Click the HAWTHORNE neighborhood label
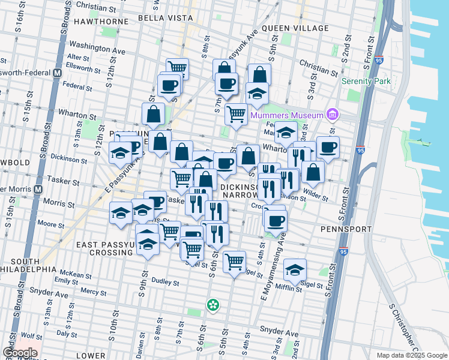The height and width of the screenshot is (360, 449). (x=101, y=22)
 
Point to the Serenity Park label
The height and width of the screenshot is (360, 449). (x=366, y=81)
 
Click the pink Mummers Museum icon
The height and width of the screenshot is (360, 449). (x=332, y=115)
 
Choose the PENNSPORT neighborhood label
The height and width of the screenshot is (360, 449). (x=344, y=229)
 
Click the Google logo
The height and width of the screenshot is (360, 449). (x=20, y=353)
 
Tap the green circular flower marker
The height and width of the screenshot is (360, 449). (x=212, y=305)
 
